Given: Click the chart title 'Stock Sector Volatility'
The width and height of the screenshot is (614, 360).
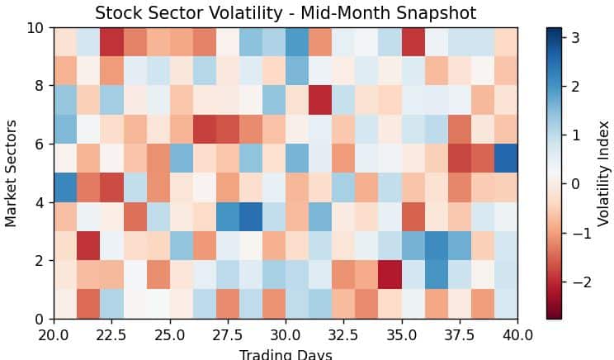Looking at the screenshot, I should [285, 13].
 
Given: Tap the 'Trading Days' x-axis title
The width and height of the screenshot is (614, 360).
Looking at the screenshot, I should [286, 354].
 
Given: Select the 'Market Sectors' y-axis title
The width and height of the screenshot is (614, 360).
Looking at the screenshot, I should [12, 173].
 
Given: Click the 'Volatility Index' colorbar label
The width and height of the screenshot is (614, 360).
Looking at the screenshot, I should [604, 173].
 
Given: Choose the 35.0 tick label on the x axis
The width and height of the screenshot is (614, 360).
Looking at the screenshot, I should [401, 335].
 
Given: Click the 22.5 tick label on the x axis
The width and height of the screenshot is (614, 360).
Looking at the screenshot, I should [111, 335].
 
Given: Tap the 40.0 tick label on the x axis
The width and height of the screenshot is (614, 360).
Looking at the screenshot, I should [517, 335].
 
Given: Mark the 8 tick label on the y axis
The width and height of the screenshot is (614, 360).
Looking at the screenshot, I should [38, 85].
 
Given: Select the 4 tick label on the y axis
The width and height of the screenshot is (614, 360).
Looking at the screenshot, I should [38, 201].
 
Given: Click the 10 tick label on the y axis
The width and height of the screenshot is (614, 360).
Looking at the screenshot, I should [34, 27].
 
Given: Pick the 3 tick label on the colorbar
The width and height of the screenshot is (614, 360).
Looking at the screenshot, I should [576, 37].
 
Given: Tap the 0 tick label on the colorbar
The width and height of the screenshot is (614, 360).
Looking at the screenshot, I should [576, 184].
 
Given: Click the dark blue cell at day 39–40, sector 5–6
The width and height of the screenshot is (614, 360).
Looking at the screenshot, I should [506, 158].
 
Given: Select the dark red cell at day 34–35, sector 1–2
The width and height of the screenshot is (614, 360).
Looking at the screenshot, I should [390, 274].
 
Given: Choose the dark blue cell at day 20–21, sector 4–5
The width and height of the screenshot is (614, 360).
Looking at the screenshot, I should [65, 187].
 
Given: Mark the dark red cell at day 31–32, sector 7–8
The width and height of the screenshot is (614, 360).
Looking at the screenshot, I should [320, 100].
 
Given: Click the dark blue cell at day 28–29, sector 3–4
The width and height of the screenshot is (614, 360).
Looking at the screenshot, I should [251, 216].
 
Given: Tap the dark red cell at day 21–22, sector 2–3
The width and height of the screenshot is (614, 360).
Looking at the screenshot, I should [88, 245].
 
